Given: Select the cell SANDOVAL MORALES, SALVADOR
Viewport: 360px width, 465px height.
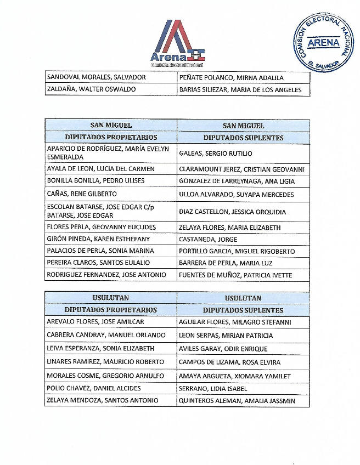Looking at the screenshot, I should [96, 77].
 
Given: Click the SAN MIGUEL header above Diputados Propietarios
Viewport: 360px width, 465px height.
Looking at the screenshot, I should [111, 125].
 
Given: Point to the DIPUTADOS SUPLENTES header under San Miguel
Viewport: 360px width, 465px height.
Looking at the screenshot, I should [243, 138].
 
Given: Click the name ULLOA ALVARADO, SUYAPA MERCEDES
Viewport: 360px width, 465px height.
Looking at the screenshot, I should [237, 195].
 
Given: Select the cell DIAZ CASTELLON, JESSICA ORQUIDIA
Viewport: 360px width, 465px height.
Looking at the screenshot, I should [233, 212].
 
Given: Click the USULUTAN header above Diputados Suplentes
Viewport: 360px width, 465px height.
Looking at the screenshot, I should [243, 298].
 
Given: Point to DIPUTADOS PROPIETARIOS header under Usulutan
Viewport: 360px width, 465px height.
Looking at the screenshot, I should [111, 310].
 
